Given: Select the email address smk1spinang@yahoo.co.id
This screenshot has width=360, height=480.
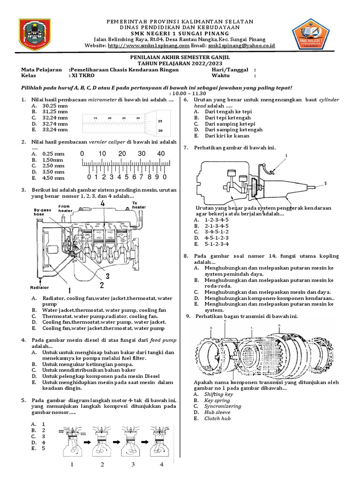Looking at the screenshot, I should tap(241, 46).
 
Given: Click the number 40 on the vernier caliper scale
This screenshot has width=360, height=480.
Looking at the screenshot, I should tap(161, 154).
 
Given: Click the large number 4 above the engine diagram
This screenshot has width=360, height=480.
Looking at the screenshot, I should tap(102, 203).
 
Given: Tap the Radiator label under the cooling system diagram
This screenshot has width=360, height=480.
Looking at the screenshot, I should tap(39, 287).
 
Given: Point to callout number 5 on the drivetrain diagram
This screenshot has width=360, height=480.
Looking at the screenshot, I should tap(326, 183).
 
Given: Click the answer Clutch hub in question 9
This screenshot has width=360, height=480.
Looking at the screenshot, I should tap(217, 419).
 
